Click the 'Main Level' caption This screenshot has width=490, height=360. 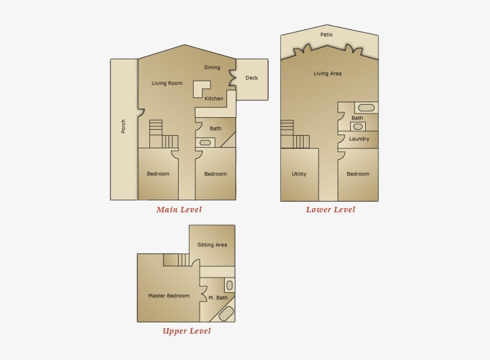point(179,209)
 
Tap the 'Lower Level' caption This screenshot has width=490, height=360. point(330,209)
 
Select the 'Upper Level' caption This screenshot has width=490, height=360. point(186,331)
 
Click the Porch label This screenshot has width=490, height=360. point(124,126)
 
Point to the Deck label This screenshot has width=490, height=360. point(252,78)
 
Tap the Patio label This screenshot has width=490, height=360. point(326,35)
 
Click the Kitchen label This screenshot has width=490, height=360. point(214,99)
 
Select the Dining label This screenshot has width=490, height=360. point(212,68)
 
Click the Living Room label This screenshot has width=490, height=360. point(167,83)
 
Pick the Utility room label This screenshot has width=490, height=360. point(299,174)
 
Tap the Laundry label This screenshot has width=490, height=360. point(359,139)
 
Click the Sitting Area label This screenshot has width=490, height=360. point(212,245)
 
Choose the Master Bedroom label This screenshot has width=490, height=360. point(169,295)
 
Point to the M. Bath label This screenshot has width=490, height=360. point(218,297)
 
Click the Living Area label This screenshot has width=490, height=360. point(327,74)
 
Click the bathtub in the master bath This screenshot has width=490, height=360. point(226,313)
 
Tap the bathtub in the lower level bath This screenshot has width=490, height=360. point(366,108)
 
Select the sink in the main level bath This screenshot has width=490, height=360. point(204,142)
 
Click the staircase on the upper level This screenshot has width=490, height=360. point(176,260)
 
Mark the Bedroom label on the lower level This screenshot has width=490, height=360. point(358,174)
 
